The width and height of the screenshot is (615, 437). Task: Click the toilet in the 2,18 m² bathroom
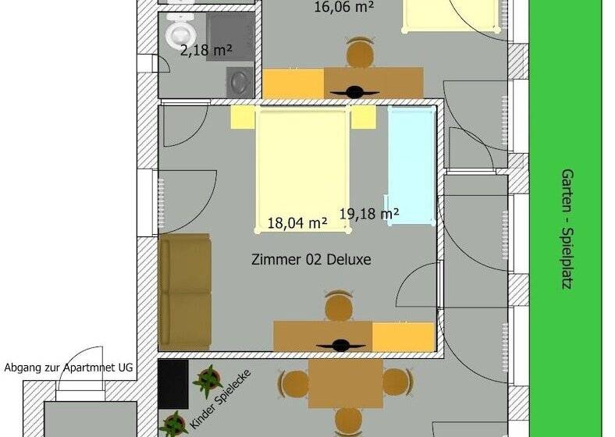pyautogui.click(x=180, y=30)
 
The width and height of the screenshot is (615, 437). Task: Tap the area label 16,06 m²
pyautogui.click(x=343, y=7)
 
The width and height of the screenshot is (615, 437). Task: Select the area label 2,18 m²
pyautogui.click(x=206, y=50)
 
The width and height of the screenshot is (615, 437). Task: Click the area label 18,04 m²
pyautogui.click(x=297, y=223)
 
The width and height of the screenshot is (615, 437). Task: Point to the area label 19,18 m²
pyautogui.click(x=369, y=213)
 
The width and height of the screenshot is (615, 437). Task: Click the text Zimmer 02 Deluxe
pyautogui.click(x=311, y=259)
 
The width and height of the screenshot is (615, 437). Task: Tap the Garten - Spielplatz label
pyautogui.click(x=567, y=229)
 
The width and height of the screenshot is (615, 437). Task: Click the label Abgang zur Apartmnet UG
pyautogui.click(x=69, y=368)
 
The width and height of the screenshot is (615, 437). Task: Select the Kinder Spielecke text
pyautogui.click(x=220, y=400)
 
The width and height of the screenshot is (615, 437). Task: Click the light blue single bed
pyautogui.click(x=412, y=165)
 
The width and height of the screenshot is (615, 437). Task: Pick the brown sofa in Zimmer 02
pyautogui.click(x=185, y=292)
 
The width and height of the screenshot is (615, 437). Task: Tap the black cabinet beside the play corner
pyautogui.click(x=173, y=385)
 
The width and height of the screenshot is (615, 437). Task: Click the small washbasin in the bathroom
pyautogui.click(x=240, y=83)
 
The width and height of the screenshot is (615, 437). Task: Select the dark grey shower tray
pyautogui.click(x=230, y=36)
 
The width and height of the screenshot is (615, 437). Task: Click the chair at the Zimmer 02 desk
pyautogui.click(x=338, y=305)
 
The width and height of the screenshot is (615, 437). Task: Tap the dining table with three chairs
pyautogui.click(x=346, y=384)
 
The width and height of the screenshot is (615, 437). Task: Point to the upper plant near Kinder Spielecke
pyautogui.click(x=208, y=380)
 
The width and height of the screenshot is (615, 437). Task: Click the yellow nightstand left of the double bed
pyautogui.click(x=244, y=117)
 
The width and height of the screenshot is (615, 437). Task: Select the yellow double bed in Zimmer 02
pyautogui.click(x=302, y=170)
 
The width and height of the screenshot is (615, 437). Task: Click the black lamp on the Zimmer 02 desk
pyautogui.click(x=340, y=346)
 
